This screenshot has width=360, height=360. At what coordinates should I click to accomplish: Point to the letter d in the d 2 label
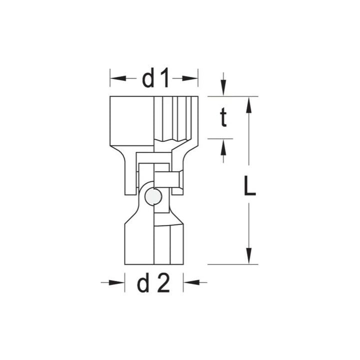click(x=143, y=283)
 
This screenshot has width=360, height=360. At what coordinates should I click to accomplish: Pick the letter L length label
click(x=249, y=187)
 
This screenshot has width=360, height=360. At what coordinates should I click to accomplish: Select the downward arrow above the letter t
click(x=223, y=90)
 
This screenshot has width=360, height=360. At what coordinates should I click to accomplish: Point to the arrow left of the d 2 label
click(x=117, y=283)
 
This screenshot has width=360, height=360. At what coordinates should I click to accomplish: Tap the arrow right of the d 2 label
click(x=189, y=283)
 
